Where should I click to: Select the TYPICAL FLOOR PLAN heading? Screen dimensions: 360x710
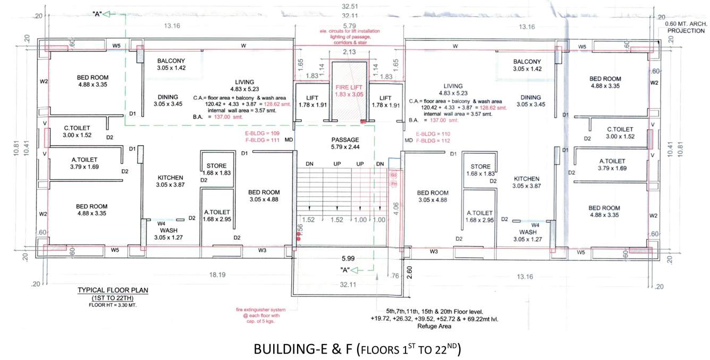pos(113,290)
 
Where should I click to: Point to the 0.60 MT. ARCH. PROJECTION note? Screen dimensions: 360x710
pos(687,28)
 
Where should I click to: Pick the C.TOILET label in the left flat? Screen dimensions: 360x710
pos(78,128)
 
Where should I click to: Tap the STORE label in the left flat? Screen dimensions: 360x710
pos(216,166)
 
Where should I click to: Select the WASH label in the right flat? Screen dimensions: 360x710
pos(531,232)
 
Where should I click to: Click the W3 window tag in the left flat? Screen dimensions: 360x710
pos(262,250)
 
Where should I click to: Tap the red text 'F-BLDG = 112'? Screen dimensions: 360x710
pos(433,141)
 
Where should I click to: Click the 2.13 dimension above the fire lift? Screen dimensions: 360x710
pos(349,52)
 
